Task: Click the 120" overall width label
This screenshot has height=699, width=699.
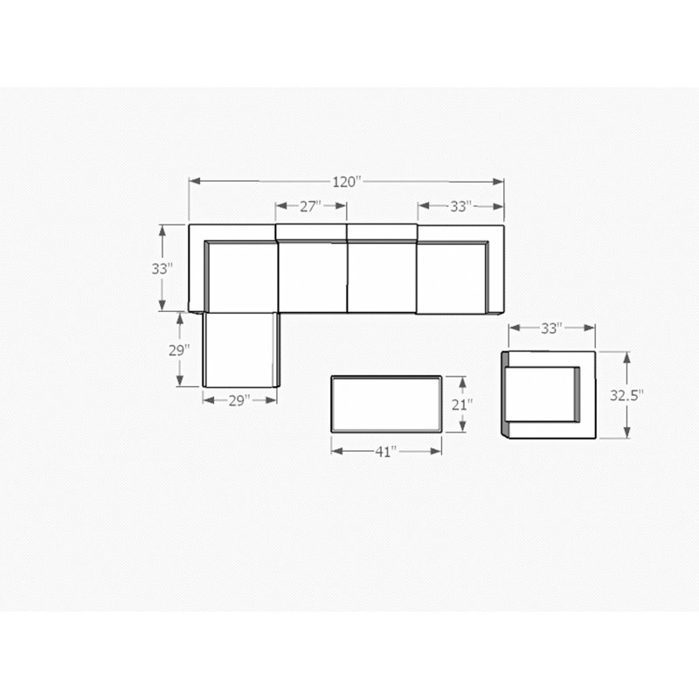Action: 346,182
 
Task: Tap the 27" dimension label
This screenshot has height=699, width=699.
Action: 310,206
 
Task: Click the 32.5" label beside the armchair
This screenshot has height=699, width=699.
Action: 626,396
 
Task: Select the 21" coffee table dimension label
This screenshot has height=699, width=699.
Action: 462,405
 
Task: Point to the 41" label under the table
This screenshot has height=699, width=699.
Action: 385,452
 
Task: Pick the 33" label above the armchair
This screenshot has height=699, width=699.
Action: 552,329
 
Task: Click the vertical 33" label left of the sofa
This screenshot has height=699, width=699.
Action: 163,269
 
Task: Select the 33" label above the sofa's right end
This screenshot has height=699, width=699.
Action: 461,206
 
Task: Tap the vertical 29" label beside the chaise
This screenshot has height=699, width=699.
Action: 179,351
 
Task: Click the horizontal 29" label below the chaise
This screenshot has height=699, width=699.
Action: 239,401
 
